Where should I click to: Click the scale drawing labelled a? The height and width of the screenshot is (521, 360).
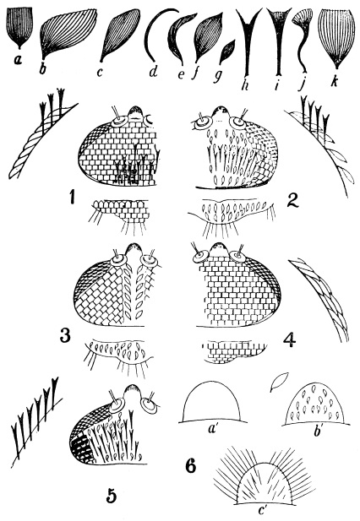20,27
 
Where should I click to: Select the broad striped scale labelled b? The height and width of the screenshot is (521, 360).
68,32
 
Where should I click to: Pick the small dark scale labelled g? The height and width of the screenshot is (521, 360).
227,52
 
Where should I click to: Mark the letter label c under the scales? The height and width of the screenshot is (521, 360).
100,73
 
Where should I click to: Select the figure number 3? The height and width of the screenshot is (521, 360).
65,335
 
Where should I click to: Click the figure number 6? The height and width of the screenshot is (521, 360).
191,466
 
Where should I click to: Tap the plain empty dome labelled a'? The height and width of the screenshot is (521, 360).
213,403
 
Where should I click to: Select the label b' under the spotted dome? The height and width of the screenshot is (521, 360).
315,432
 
